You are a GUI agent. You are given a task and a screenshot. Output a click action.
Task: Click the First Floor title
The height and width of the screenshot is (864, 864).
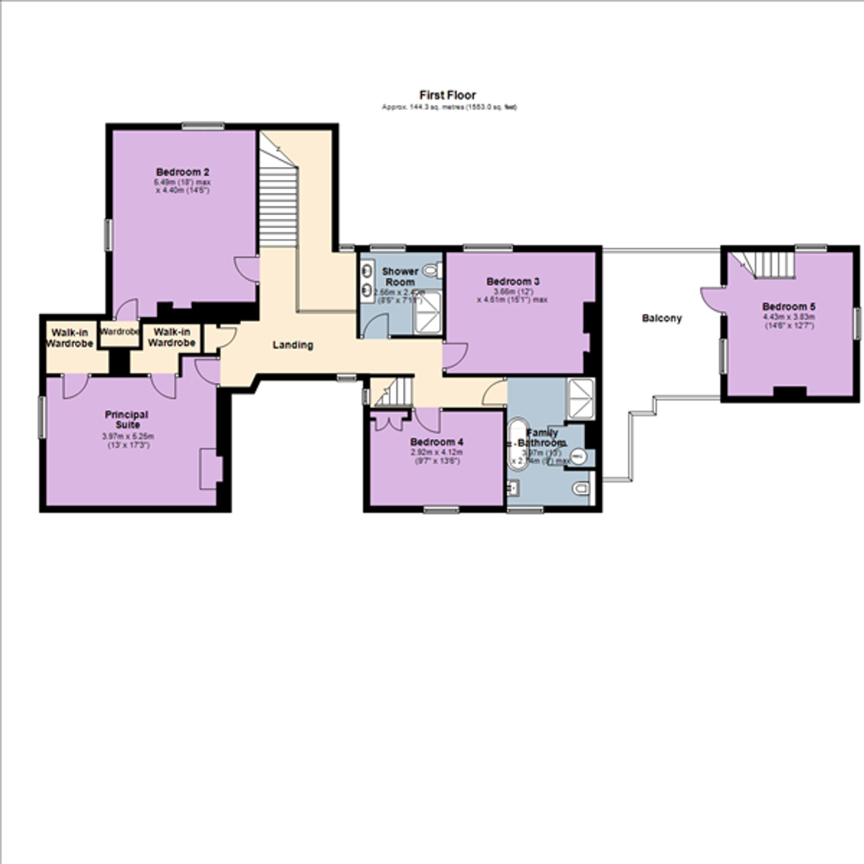[x=447, y=95]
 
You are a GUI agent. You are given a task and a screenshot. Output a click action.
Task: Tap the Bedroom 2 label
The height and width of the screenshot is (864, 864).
[x=182, y=172]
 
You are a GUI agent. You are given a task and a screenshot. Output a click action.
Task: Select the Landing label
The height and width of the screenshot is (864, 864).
[x=293, y=345]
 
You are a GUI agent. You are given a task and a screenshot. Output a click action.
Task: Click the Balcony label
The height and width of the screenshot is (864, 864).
[x=661, y=318]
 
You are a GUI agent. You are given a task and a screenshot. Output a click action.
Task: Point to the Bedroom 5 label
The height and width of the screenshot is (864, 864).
[x=788, y=306]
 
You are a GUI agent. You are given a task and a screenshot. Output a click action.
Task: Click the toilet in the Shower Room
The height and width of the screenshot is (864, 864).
[x=432, y=270]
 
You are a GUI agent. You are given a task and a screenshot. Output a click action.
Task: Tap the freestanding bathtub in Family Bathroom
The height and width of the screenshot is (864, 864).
[x=518, y=445]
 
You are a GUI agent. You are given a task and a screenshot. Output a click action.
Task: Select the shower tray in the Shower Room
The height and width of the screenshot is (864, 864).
[x=428, y=312]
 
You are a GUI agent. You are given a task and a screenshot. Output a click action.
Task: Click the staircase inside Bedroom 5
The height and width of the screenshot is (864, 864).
[x=768, y=265]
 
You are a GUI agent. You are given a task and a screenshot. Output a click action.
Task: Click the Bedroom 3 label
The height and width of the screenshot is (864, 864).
[x=512, y=281]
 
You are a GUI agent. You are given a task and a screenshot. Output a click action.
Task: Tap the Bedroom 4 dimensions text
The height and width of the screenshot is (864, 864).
[x=436, y=457]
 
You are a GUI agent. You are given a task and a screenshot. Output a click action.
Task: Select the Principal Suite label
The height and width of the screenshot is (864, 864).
[x=127, y=419]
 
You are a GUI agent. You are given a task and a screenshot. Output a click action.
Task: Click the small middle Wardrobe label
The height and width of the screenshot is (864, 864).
[x=119, y=332]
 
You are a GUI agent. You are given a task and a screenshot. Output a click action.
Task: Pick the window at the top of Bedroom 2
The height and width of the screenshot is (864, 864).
[x=203, y=127]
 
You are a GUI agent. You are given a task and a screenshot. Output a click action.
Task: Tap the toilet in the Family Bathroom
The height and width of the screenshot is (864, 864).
[x=581, y=488]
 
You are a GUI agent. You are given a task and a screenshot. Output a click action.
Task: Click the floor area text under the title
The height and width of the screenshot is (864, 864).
[x=449, y=107]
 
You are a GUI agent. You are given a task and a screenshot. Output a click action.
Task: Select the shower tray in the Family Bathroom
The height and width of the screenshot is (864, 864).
[x=581, y=399]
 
